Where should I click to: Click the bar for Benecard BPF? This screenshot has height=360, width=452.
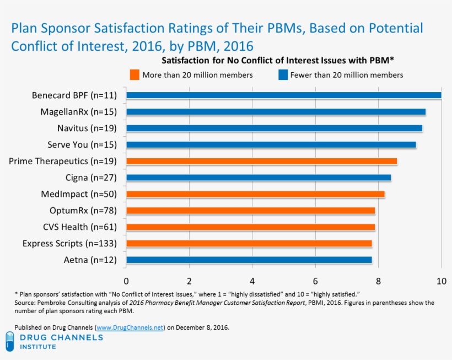click(283, 95)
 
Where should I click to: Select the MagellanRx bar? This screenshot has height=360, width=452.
click(276, 112)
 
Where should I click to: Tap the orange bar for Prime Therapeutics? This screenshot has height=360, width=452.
click(261, 162)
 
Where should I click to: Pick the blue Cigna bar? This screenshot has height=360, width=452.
click(259, 178)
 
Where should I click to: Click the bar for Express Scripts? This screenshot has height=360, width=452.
click(249, 244)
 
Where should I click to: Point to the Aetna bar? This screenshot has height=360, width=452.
click(249, 260)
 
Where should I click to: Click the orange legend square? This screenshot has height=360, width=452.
click(134, 74)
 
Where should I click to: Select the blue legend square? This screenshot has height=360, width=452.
click(283, 74)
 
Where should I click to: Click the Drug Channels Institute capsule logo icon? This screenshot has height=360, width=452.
click(10, 341)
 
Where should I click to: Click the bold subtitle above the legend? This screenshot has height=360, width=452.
click(280, 59)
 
